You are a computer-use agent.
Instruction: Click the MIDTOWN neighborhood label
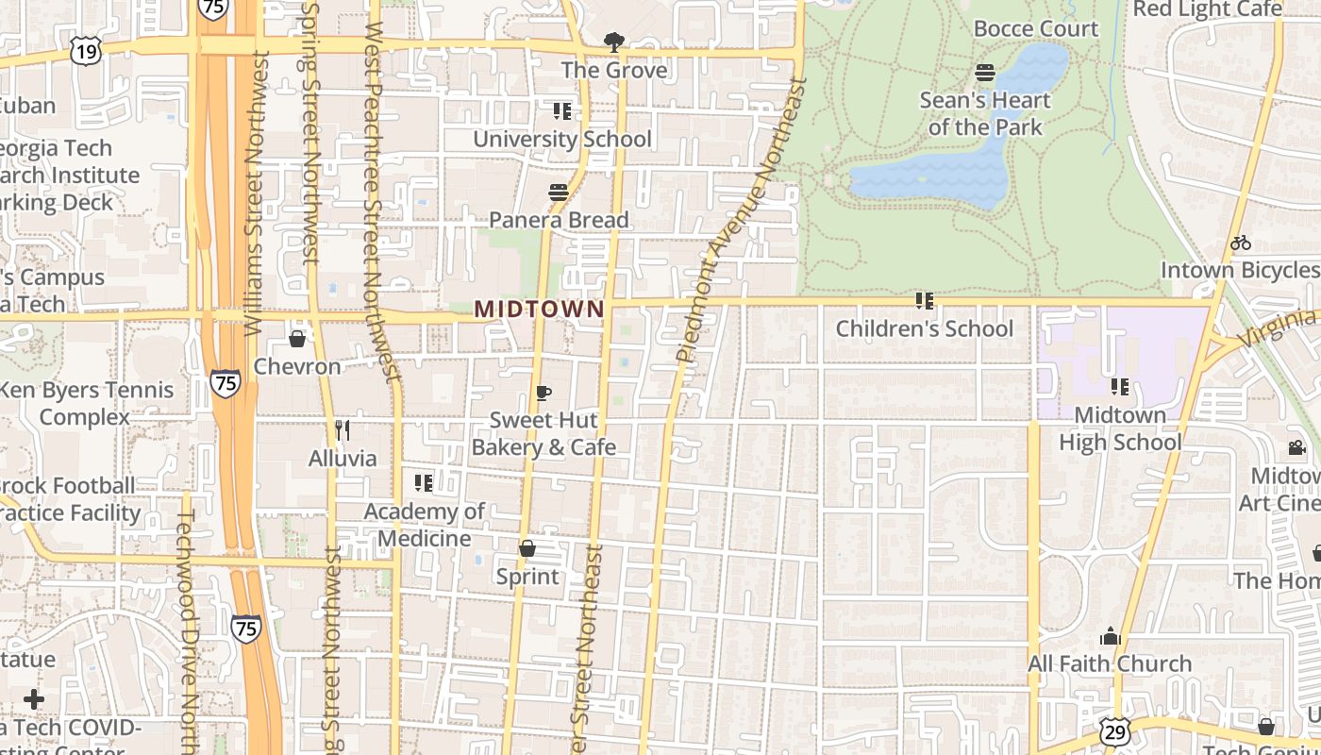tap(539, 309)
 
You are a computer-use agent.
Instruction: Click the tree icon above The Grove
tap(613, 42)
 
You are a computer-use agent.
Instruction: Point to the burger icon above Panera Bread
tap(559, 193)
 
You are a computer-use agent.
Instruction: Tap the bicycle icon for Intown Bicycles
tap(1241, 243)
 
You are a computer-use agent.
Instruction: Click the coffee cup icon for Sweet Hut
tap(543, 393)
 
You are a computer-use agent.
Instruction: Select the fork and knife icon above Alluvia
tap(343, 430)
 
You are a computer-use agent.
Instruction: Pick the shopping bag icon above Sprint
tap(527, 548)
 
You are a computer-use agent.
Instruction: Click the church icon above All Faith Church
tap(1110, 636)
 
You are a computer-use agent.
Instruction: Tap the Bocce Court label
tap(1036, 28)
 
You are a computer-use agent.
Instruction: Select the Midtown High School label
tap(1120, 428)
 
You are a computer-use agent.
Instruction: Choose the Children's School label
tap(925, 328)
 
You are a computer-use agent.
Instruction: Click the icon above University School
tap(562, 111)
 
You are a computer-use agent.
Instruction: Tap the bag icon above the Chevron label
tap(297, 339)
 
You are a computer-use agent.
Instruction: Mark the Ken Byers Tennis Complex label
tap(85, 403)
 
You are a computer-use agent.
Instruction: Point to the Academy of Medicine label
tap(425, 525)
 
